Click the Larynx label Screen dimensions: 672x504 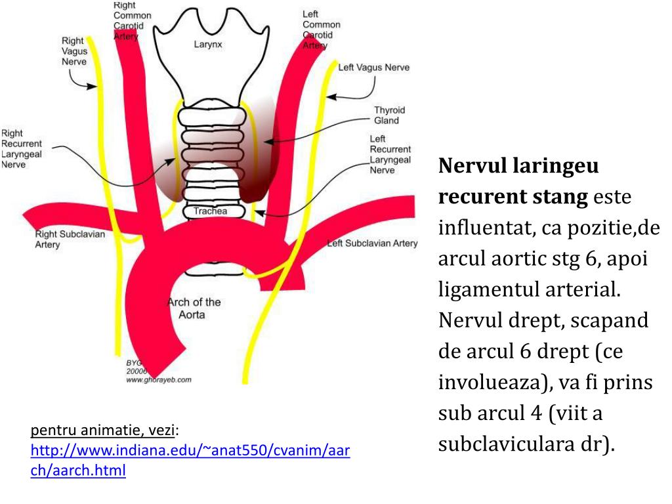pos(208,45)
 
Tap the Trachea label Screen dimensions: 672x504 pos(210,211)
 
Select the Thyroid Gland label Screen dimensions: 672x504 pos(389,115)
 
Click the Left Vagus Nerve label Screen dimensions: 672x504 pos(373,68)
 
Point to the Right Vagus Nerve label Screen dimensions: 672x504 pos(74,51)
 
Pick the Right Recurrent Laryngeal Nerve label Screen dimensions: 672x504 pos(21,149)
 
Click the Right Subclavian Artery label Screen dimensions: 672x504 pos(70,239)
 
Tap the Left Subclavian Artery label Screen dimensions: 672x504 pos(372,243)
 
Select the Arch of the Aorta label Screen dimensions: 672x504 pos(194,308)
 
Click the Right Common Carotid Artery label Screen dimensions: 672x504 pos(132,20)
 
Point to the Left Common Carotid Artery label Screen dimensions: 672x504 pos(321,30)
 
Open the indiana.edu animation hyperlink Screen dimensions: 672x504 pos(190,461)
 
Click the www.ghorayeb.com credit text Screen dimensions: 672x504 pos(158,379)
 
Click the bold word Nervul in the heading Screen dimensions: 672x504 pos(470,166)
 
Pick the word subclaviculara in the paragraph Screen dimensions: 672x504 pos(504,444)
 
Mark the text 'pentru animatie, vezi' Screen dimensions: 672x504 pos(102,431)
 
